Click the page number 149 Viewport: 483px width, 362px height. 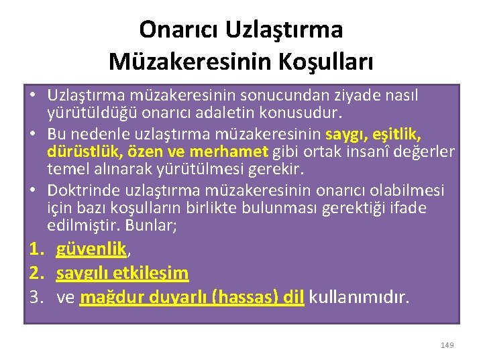pyautogui.click(x=447, y=345)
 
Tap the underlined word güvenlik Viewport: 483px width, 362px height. pyautogui.click(x=92, y=249)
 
